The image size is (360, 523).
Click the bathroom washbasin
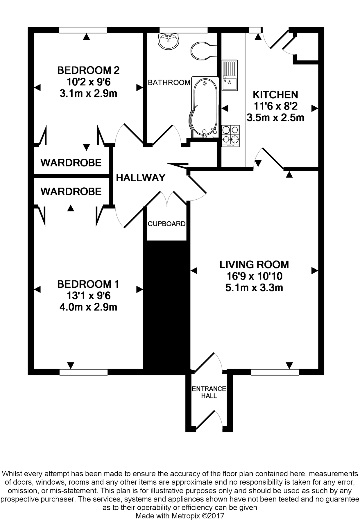pos(169,41)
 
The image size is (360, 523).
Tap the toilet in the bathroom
pos(203,51)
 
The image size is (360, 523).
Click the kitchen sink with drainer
pos(230,75)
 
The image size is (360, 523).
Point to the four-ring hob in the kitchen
pos(230,136)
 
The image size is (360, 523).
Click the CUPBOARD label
pos(166,224)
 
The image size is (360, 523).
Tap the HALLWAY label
pos(141,178)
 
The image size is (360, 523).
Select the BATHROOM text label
pos(169,83)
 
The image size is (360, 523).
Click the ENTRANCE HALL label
pos(209,392)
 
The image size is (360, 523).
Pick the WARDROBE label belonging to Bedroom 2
pos(71,162)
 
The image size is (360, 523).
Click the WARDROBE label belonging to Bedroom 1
pos(71,191)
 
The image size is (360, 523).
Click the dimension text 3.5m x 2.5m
pos(275,118)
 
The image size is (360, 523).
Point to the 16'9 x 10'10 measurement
pos(254,276)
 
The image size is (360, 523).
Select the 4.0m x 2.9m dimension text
pos(88,307)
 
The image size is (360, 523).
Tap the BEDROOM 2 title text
pos(88,70)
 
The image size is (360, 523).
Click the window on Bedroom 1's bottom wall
pos(83,372)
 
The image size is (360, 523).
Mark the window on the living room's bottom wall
pos(275,372)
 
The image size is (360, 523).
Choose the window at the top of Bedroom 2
pos(83,30)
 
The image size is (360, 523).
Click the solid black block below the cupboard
pos(166,305)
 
